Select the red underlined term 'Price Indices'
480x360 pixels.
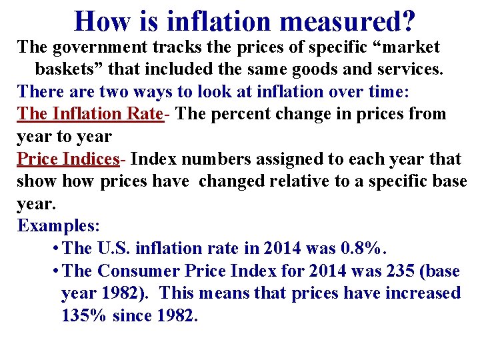tap(68, 159)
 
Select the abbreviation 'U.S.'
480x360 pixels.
tap(114, 248)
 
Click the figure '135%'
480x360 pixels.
tap(84, 316)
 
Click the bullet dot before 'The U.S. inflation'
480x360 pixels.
tap(54, 249)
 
